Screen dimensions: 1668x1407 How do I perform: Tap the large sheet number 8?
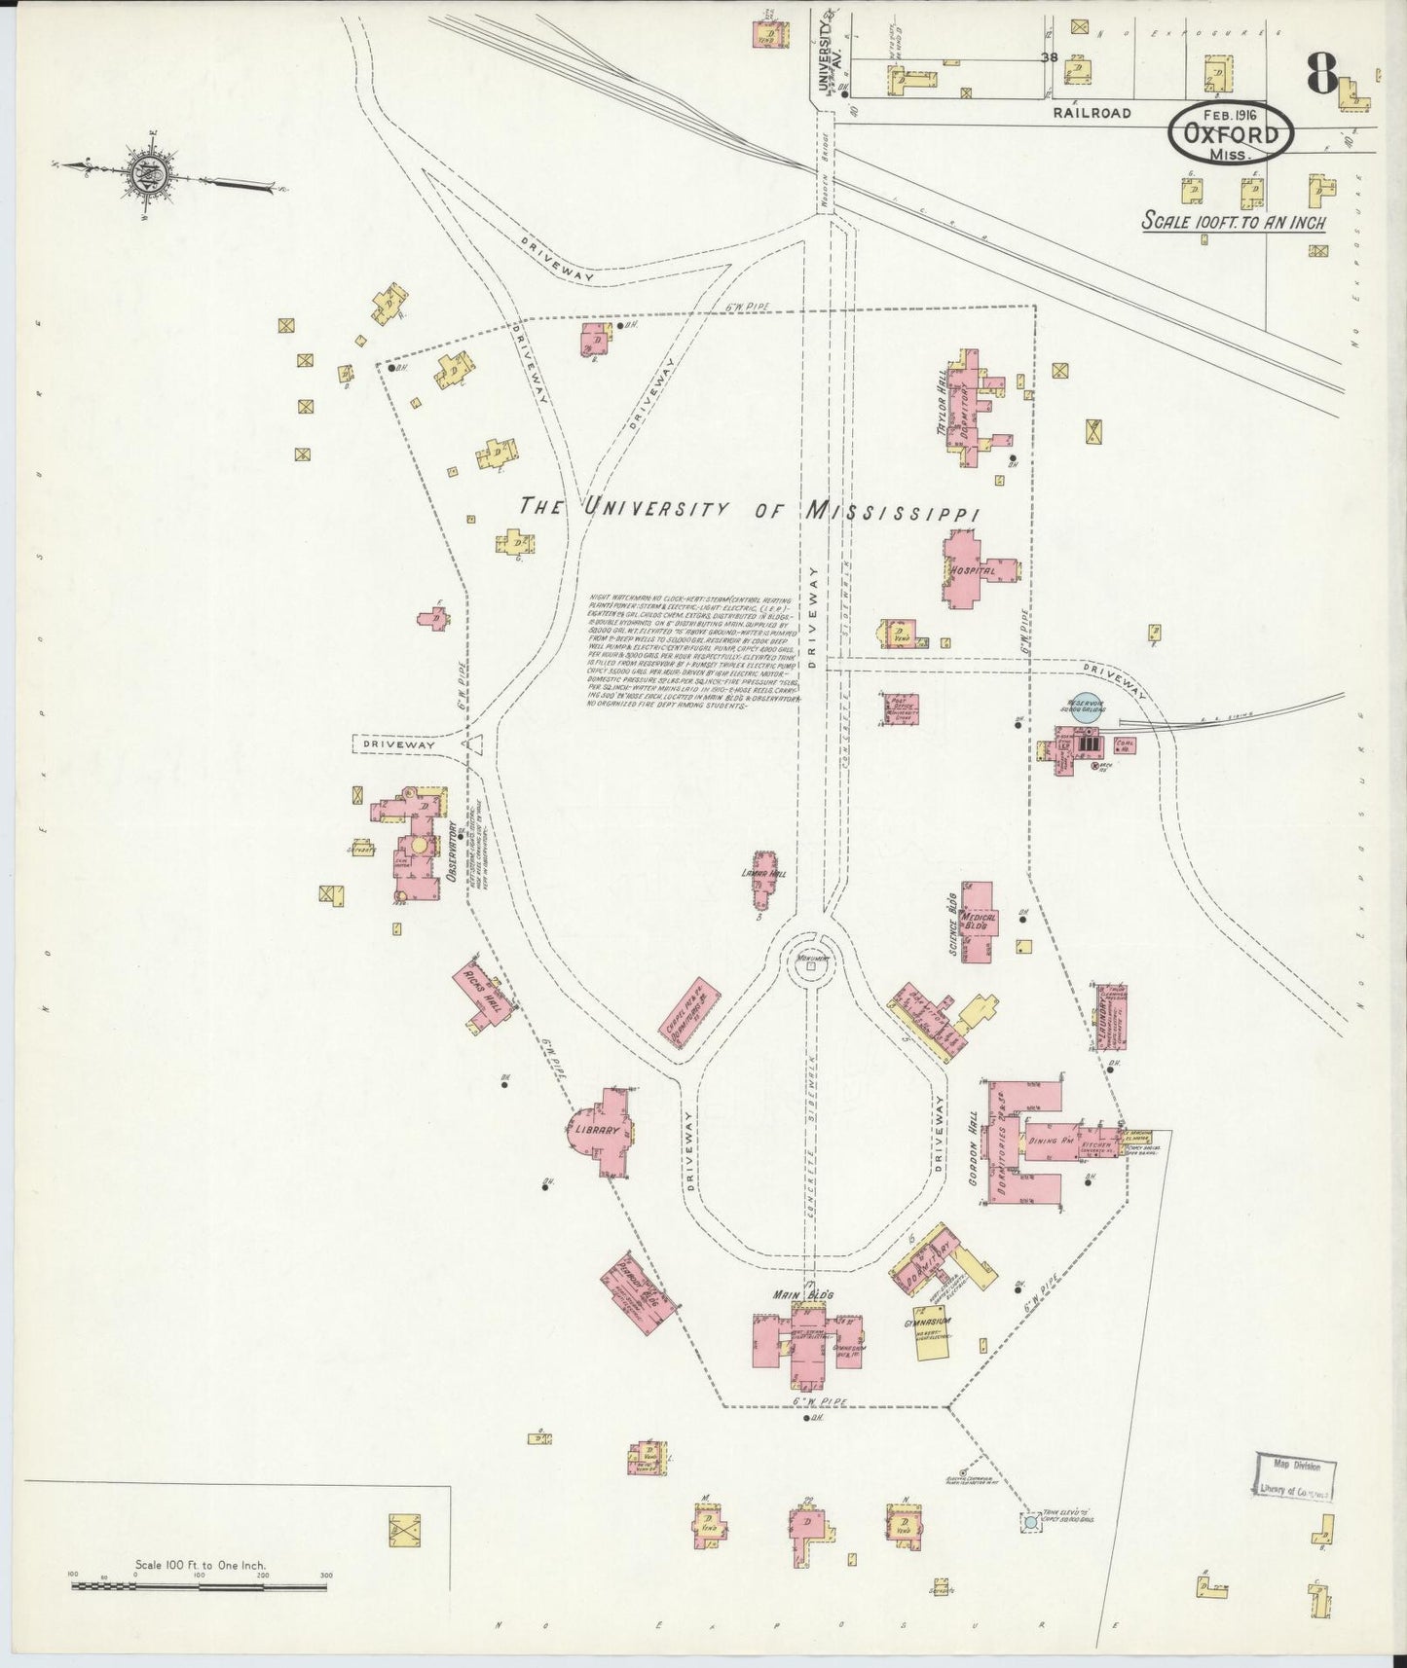[x=1321, y=73]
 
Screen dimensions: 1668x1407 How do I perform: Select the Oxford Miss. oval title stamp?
[x=1232, y=135]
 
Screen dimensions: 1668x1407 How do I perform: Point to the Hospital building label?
[x=975, y=570]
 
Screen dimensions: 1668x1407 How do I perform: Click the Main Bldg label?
[x=802, y=1294]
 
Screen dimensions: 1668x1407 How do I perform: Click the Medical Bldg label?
[x=978, y=922]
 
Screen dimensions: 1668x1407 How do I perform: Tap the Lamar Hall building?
[x=765, y=882]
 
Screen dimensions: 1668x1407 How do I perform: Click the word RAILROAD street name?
[x=1091, y=113]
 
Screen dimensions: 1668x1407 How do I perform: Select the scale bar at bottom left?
[x=200, y=1614]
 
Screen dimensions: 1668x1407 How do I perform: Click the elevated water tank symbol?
[x=1028, y=1548]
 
